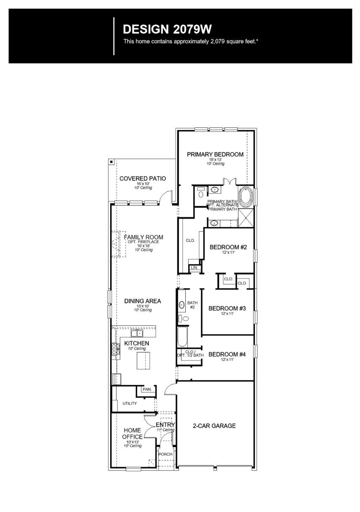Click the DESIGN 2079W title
tap(167, 29)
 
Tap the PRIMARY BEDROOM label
tap(215, 154)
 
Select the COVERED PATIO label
tap(143, 179)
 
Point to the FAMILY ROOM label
tap(143, 237)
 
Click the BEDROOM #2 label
tap(228, 247)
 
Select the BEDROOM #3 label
tap(227, 308)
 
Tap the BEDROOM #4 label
tap(227, 355)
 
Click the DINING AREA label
tap(143, 301)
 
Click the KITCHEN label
tap(137, 343)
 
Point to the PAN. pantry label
tap(147, 389)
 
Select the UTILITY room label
tap(130, 404)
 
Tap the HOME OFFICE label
tap(133, 433)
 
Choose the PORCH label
tap(165, 454)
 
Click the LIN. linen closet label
tap(194, 268)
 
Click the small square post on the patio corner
tap(111, 162)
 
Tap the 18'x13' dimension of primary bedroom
tap(215, 160)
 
